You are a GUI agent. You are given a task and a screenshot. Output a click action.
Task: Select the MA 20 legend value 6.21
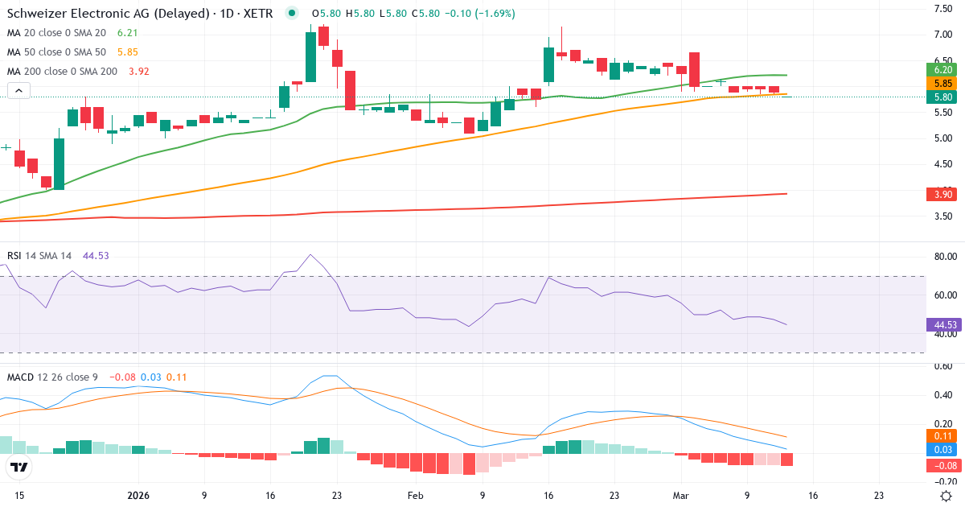[129, 33]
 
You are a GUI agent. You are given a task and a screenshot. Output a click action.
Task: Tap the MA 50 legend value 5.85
[129, 52]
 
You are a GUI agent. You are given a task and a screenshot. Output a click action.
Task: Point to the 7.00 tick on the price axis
[943, 35]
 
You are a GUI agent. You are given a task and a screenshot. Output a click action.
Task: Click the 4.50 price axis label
[943, 165]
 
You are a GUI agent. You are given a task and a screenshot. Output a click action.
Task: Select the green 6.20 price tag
[943, 70]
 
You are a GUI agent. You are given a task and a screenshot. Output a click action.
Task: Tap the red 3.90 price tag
[943, 195]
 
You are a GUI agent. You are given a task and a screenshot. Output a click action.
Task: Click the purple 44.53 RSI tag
[943, 325]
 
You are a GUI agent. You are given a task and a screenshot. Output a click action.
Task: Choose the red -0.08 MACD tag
[943, 465]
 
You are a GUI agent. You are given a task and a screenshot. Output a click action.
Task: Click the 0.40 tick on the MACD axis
[943, 395]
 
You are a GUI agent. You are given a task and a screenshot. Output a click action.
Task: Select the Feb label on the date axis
[415, 496]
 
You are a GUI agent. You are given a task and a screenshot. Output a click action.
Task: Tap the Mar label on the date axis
[681, 496]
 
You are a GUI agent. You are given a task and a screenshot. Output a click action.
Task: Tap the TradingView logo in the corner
[19, 467]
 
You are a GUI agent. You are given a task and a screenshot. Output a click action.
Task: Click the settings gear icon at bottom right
[947, 496]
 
